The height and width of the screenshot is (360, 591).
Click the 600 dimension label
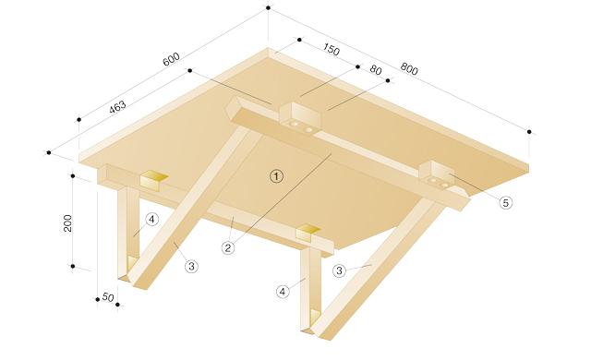[171, 60]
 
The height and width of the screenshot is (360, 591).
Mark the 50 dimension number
[107, 297]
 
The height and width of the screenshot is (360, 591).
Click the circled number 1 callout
[274, 175]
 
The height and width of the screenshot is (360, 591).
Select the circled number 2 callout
[228, 247]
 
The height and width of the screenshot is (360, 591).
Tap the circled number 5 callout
[505, 202]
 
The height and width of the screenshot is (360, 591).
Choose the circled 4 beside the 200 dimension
[152, 219]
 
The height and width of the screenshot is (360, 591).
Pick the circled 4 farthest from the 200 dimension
[283, 291]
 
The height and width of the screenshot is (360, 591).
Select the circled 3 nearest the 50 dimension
[191, 266]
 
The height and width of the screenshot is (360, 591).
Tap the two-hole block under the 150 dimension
[300, 118]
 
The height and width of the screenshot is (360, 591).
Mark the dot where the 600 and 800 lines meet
[268, 7]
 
